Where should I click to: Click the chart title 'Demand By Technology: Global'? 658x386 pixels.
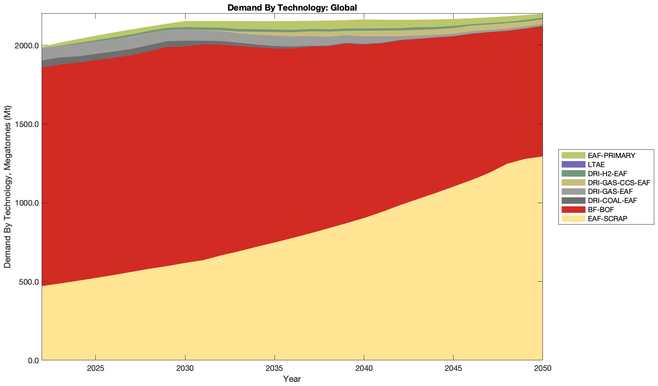(x=292, y=7)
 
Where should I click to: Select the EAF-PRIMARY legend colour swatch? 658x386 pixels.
(x=573, y=155)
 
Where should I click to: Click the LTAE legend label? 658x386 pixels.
(x=596, y=164)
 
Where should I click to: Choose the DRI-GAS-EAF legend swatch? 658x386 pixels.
(x=573, y=191)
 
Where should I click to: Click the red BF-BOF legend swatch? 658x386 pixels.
(x=573, y=209)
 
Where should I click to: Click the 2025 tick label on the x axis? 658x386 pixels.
(x=95, y=369)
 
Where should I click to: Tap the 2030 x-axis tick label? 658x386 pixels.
(x=185, y=369)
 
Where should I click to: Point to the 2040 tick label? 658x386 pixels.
(x=364, y=369)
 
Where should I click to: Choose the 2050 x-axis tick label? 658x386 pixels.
(x=542, y=369)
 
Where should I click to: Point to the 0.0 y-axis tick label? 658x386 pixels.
(x=33, y=360)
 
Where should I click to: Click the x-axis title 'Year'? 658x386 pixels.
(x=292, y=379)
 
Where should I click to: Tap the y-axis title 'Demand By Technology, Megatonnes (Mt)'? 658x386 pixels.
(x=8, y=187)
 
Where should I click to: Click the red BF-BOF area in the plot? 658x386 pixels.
(x=265, y=151)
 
